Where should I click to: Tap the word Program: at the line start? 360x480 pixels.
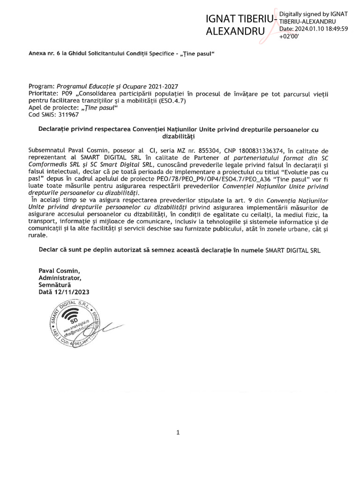pos(42,87)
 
